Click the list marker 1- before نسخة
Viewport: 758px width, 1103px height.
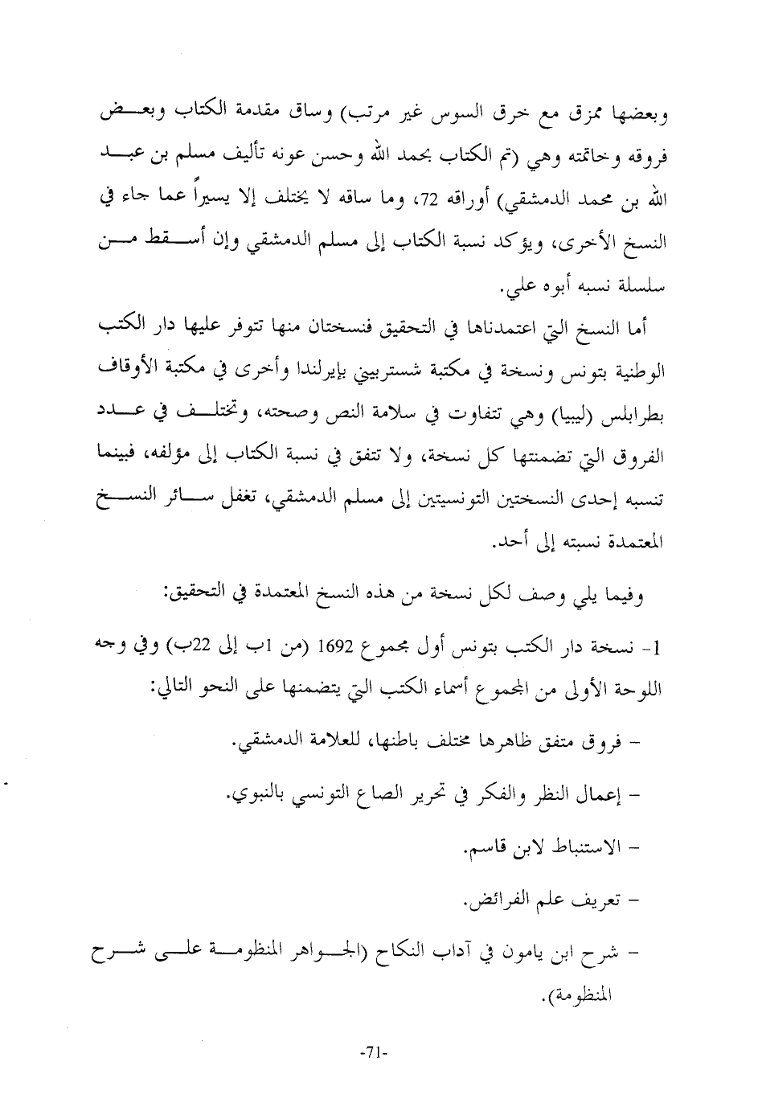pyautogui.click(x=660, y=648)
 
